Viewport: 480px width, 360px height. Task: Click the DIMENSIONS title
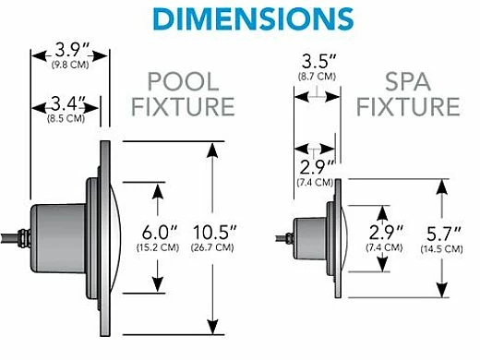(239, 18)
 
